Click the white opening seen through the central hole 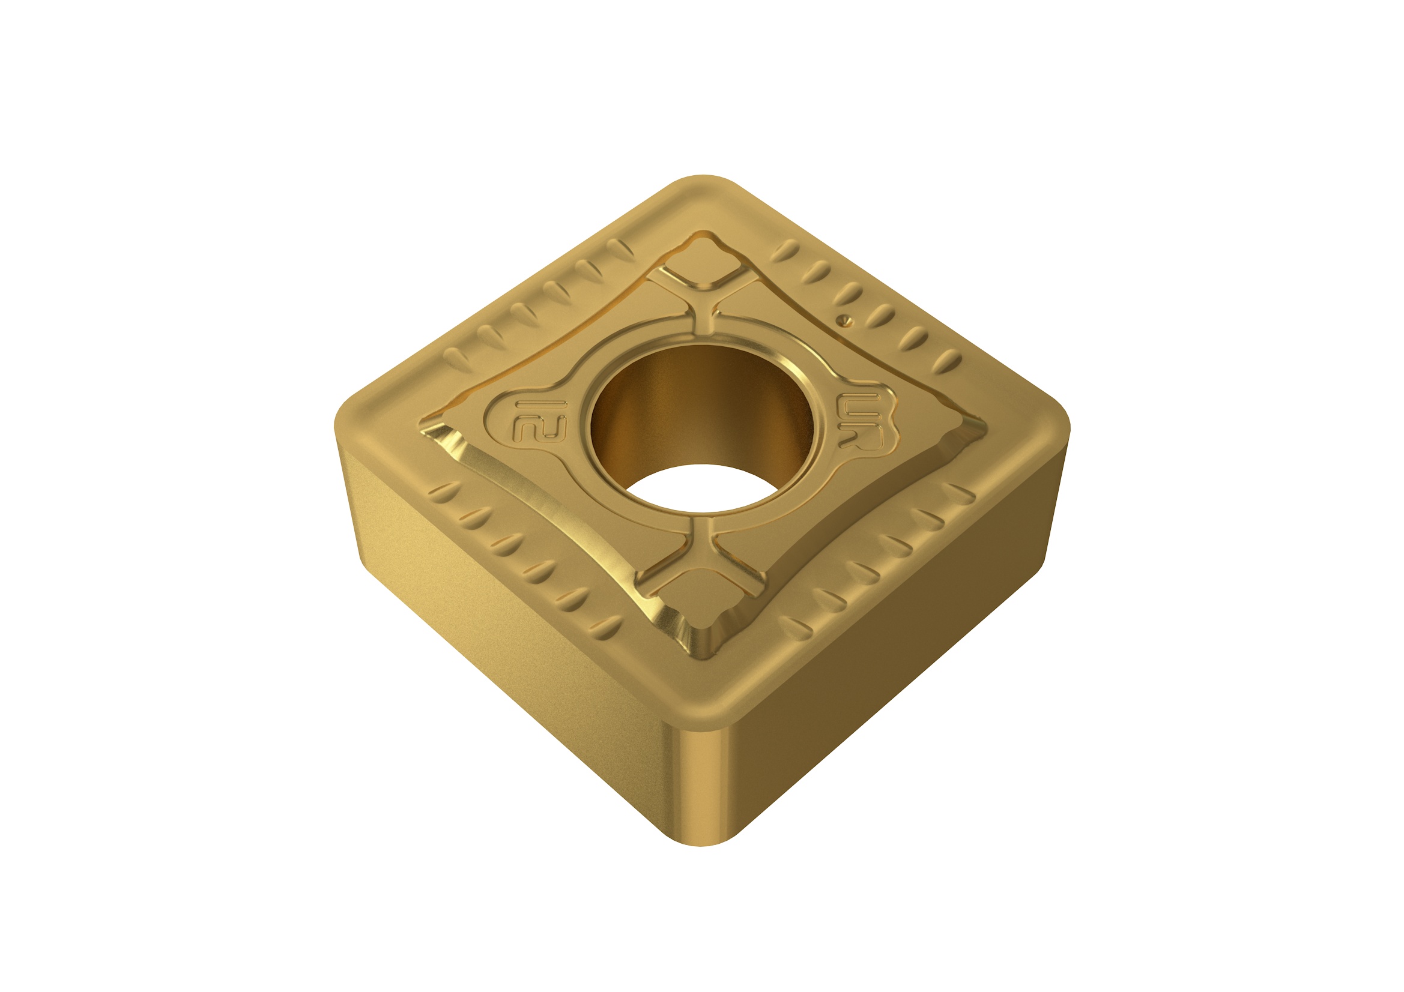pos(703,489)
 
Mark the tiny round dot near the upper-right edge pos(844,319)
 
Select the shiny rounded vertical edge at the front pos(703,789)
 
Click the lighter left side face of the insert pos(489,611)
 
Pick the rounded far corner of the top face pos(703,187)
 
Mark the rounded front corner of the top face pos(703,709)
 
